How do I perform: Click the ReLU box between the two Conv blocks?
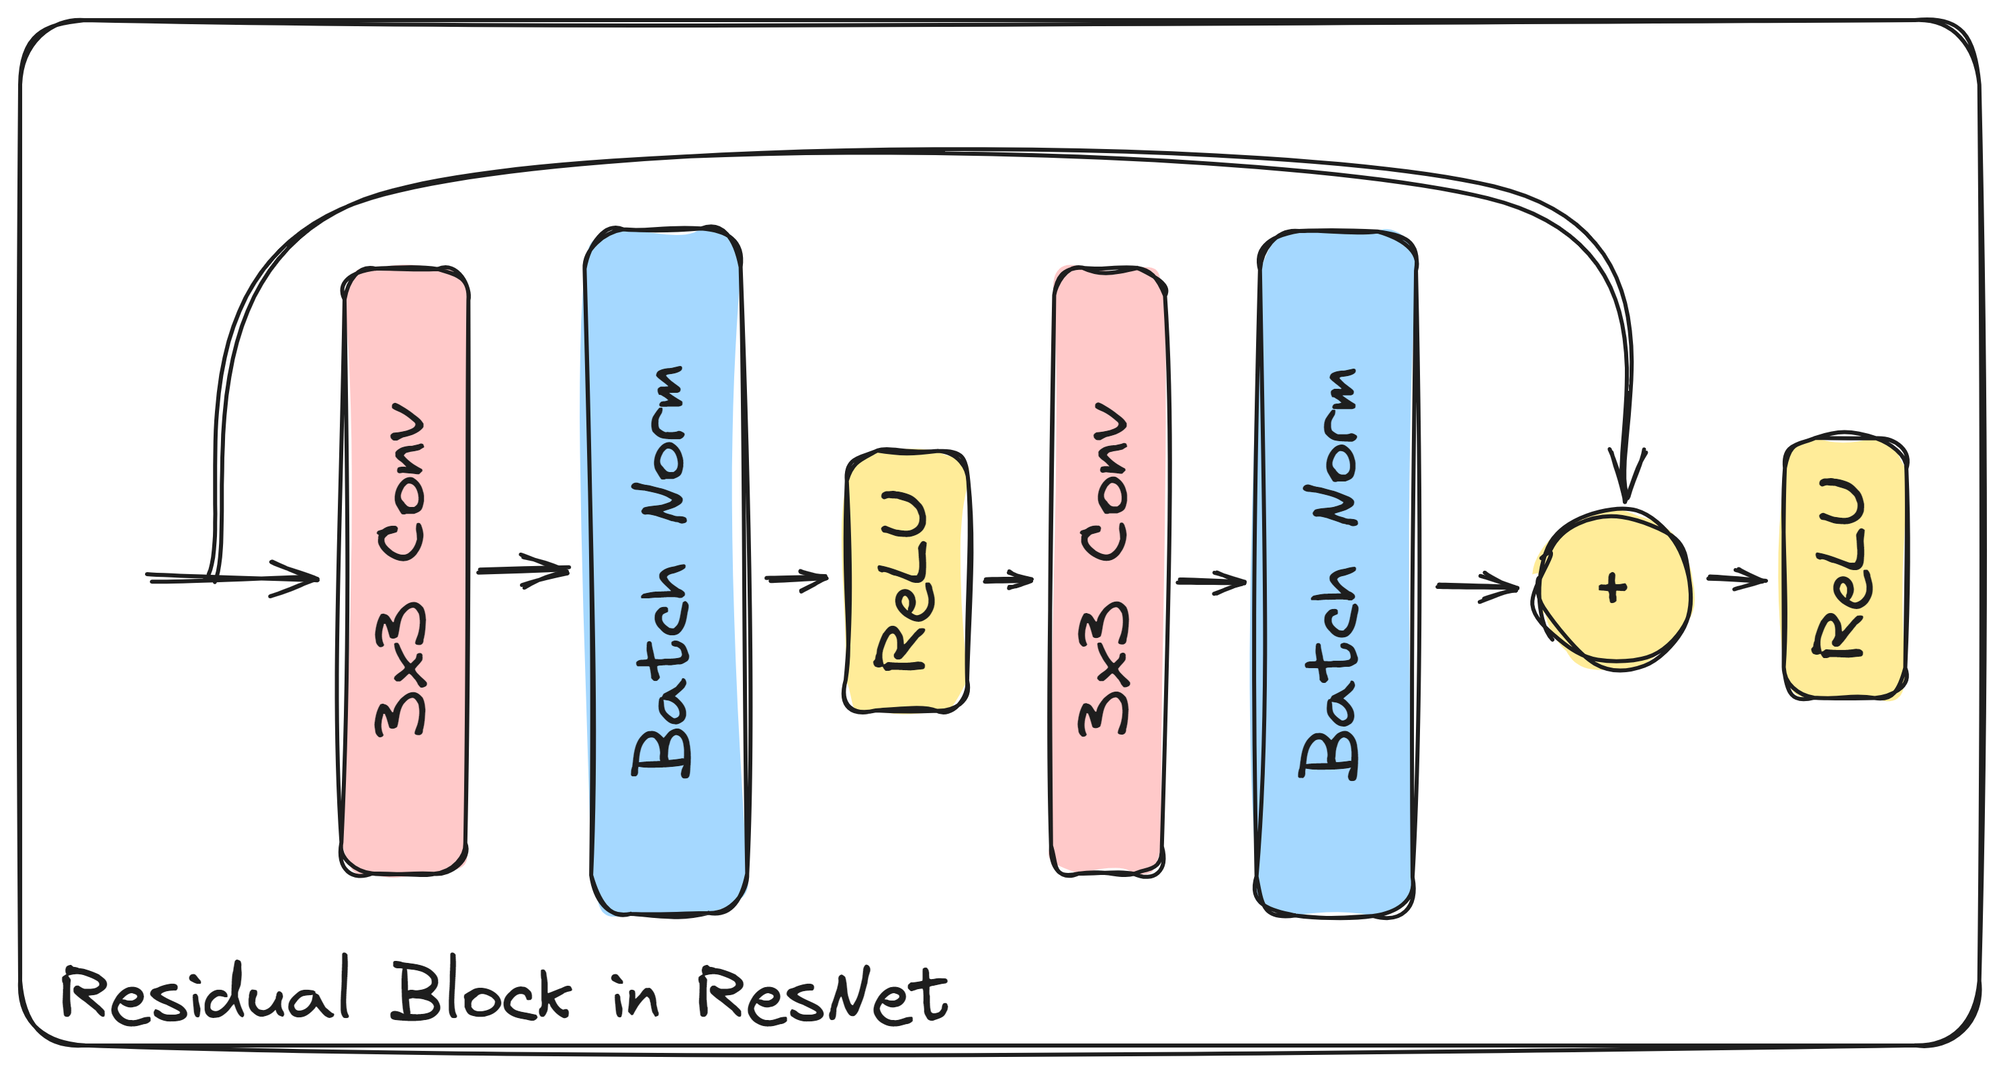point(905,580)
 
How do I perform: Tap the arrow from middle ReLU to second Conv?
point(1008,580)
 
